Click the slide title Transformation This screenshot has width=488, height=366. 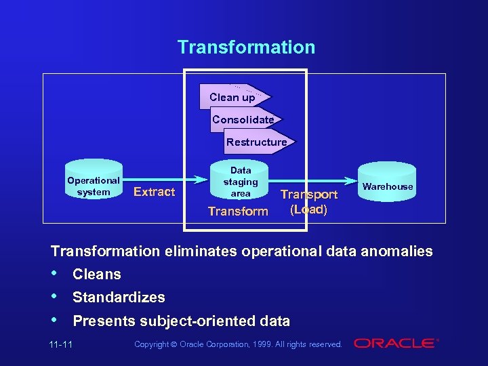[246, 47]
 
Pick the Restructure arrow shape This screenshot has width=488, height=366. [257, 142]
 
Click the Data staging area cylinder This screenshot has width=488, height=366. [241, 182]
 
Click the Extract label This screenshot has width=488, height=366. [154, 192]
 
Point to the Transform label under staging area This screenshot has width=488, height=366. [238, 211]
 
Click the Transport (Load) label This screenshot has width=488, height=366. [309, 202]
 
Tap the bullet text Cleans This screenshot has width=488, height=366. [97, 274]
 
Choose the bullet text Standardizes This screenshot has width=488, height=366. [119, 298]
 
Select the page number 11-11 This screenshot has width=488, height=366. [61, 345]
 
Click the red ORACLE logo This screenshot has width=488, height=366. [396, 344]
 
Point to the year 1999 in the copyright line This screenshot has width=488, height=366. [262, 345]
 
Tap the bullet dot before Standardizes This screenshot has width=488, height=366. [55, 297]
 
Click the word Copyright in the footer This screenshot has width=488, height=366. [152, 345]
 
